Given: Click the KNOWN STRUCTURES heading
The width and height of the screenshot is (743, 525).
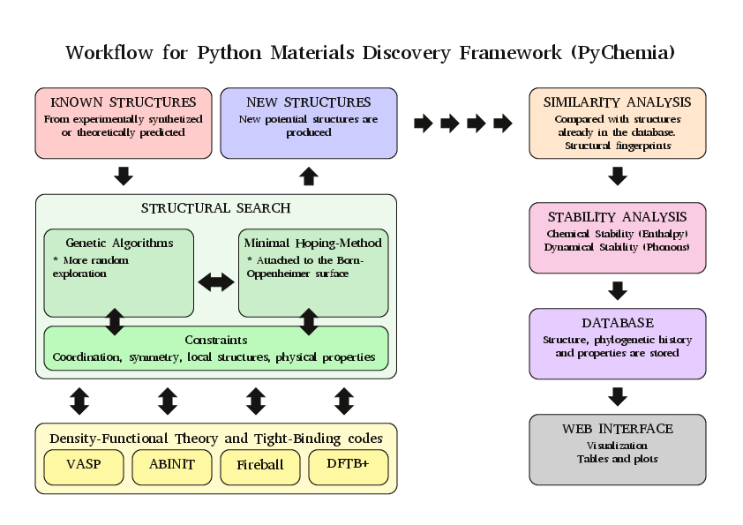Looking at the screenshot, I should point(124,102).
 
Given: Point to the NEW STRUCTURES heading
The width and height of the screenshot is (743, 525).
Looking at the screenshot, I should point(309,102).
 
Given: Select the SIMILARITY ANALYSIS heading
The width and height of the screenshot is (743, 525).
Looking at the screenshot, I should point(618,102).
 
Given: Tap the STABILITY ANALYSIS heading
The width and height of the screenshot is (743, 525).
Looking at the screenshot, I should point(618,217).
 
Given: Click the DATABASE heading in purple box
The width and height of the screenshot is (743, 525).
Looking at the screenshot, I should point(618,323).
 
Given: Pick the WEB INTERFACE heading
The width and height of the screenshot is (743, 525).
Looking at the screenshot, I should point(618,429).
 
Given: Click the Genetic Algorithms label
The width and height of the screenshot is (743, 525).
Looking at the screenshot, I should point(119,243).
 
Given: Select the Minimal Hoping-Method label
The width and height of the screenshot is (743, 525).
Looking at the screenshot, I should point(313,243).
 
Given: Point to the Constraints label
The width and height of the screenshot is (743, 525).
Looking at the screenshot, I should point(216,340).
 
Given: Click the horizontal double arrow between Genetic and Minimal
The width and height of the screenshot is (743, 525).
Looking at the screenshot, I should point(216,282).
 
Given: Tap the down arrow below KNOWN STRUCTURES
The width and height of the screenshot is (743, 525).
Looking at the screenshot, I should point(124,176).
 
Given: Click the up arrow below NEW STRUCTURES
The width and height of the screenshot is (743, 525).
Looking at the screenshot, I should point(309,176).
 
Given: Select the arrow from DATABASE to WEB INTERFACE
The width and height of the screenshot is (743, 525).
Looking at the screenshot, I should point(618,396).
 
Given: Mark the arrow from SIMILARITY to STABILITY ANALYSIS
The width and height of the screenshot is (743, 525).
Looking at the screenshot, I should point(618,176).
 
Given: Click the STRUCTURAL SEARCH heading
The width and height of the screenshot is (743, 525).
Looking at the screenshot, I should point(216,208).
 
